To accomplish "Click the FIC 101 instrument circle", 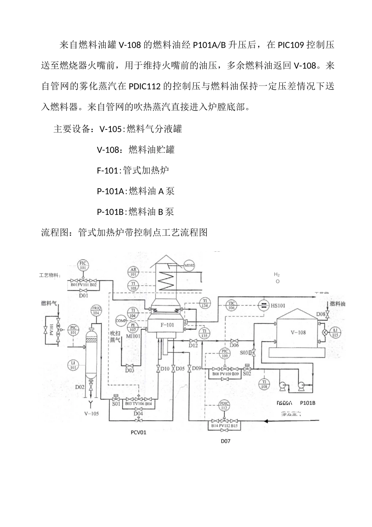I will [82, 265].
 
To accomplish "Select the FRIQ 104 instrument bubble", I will [96, 311].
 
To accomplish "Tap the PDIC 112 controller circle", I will [224, 405].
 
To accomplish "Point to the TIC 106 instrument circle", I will [231, 305].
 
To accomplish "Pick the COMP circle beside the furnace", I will [121, 321].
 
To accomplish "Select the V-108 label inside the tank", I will [298, 333].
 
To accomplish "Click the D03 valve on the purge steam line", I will [130, 365].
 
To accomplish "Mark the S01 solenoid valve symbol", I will [116, 399].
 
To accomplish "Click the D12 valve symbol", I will [193, 341].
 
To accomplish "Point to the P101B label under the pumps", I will [307, 403].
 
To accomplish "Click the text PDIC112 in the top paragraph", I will [144, 87].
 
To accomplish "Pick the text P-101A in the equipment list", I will [110, 191].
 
